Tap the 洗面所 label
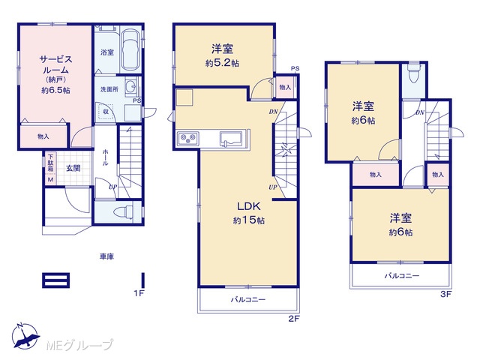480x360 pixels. pyautogui.click(x=109, y=89)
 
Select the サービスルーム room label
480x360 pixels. pyautogui.click(x=55, y=64)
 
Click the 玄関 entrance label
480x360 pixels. pyautogui.click(x=73, y=168)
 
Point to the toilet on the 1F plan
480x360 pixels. pyautogui.click(x=124, y=212)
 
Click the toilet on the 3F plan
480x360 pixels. pyautogui.click(x=414, y=73)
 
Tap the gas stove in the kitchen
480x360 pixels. pyautogui.click(x=188, y=138)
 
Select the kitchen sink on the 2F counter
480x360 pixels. pyautogui.click(x=231, y=138)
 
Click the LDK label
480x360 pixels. pyautogui.click(x=248, y=206)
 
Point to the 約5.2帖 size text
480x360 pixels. pyautogui.click(x=223, y=63)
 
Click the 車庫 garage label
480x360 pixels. pyautogui.click(x=106, y=256)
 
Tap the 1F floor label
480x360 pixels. pyautogui.click(x=139, y=293)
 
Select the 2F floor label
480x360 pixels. pyautogui.click(x=293, y=319)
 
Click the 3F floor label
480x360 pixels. pyautogui.click(x=446, y=294)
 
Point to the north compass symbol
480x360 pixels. pyautogui.click(x=25, y=336)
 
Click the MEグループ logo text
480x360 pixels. pyautogui.click(x=79, y=345)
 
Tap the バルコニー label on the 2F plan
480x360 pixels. pyautogui.click(x=248, y=299)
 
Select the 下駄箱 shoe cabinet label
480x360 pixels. pyautogui.click(x=50, y=163)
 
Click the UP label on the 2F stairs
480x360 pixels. pyautogui.click(x=273, y=187)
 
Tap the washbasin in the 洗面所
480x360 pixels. pyautogui.click(x=132, y=86)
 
